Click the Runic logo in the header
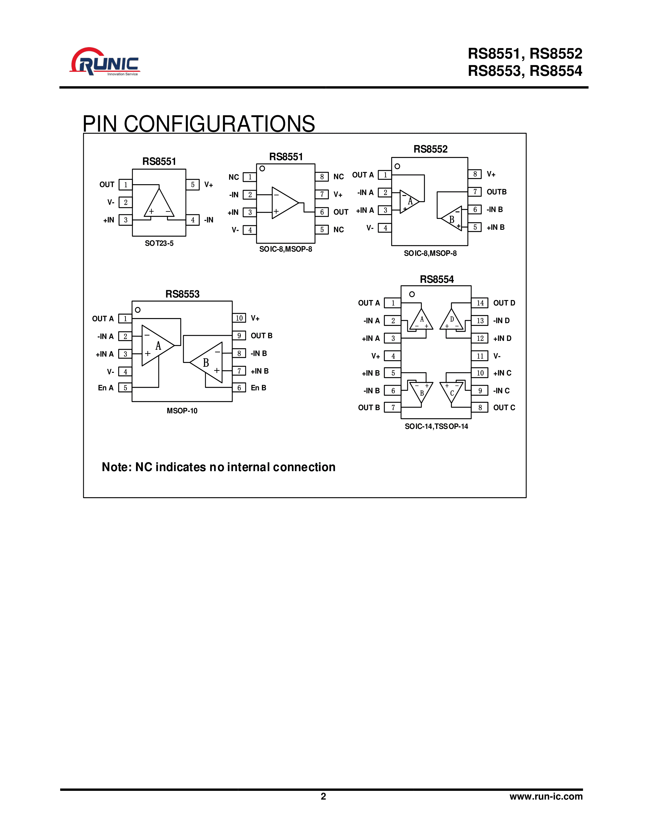coord(104,62)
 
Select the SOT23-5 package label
coord(159,243)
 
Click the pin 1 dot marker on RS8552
coord(397,166)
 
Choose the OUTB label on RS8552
coord(496,192)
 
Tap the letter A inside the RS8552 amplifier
coord(410,201)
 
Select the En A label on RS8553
coord(106,388)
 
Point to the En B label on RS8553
coord(258,388)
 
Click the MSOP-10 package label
coord(182,411)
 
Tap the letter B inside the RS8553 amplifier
coord(206,362)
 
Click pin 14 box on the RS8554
coord(480,303)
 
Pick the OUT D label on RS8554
coord(504,303)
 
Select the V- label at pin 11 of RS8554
coord(497,356)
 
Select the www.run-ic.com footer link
coord(546,796)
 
